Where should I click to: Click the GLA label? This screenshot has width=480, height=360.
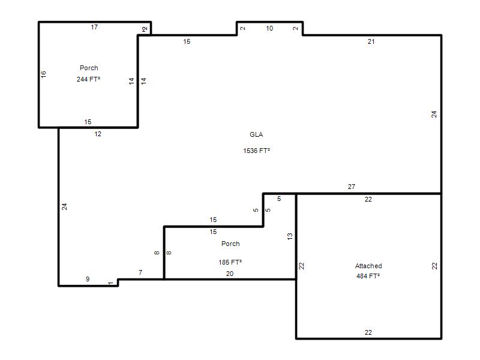coord(256,134)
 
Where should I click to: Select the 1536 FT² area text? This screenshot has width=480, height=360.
coord(257,151)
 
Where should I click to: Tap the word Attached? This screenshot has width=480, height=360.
coord(368,266)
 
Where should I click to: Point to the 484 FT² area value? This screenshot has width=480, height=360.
coord(368,276)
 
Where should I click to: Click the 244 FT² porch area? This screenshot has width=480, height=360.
coord(88,79)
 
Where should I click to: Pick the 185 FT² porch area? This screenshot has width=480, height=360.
coord(230,262)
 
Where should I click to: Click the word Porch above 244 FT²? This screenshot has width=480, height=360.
coord(89,68)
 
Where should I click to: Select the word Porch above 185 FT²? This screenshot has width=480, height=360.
coord(230,244)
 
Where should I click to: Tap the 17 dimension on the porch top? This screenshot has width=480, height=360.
coord(94,27)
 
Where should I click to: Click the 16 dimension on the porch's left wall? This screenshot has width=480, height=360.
coord(43,74)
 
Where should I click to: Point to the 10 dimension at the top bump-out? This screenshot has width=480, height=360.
coord(269,28)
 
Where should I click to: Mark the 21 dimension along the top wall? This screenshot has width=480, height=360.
coord(371,41)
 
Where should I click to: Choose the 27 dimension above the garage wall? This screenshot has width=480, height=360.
coord(352,187)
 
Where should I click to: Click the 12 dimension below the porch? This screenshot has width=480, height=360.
coord(98,134)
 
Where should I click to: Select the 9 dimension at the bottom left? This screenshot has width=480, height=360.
coord(88,279)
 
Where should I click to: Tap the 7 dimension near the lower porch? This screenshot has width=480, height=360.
coord(140,272)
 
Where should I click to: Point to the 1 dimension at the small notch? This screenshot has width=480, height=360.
coord(111,283)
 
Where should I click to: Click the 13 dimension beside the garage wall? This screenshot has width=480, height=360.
coord(290,236)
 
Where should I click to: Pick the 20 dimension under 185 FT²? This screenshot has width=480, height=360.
coord(230,274)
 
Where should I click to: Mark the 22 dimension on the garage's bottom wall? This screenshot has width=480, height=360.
coord(368,332)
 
